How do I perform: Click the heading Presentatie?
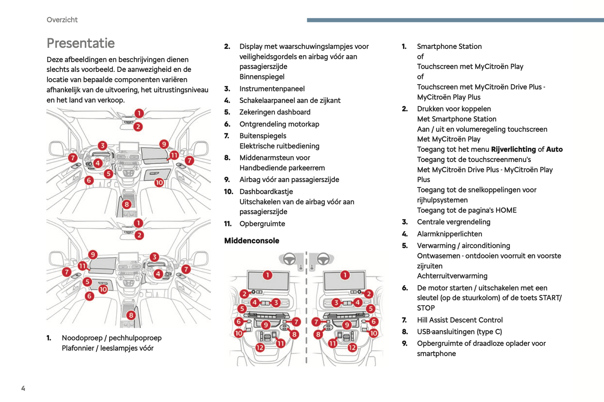coord(81,43)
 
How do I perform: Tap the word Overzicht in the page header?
coord(62,20)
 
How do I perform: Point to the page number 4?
coord(23,389)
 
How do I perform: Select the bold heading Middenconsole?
coord(252,240)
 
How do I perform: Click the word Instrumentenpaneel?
coord(272,88)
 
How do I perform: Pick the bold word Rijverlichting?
coord(513,149)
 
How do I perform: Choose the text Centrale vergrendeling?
coord(454,222)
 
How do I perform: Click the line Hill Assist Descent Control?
coord(460,320)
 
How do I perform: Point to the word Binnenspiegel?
coord(262,77)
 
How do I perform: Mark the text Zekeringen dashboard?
coord(275,112)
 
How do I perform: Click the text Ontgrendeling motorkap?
coord(279,124)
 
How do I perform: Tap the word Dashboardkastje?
coord(266,192)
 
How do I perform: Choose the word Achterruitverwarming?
coord(452,276)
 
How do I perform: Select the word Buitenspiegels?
coord(262,136)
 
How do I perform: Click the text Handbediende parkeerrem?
coord(282,168)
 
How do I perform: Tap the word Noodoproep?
coord(83,338)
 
